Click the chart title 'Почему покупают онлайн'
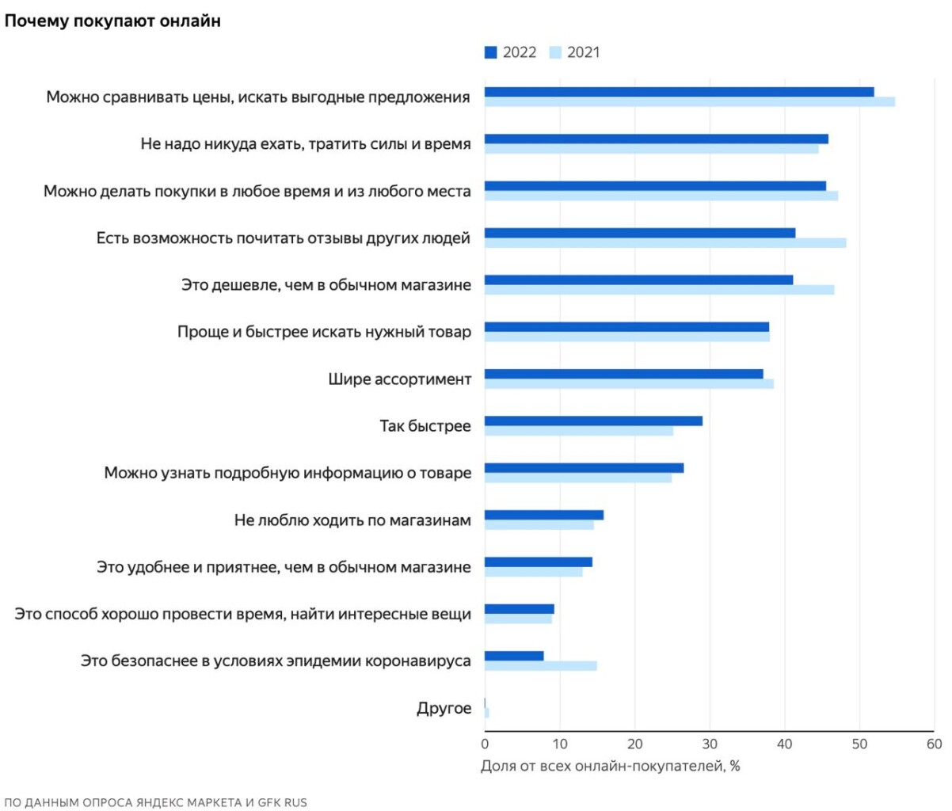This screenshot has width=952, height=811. pyautogui.click(x=112, y=21)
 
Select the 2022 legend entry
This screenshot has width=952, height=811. pyautogui.click(x=511, y=52)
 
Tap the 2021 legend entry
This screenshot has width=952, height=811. pyautogui.click(x=576, y=52)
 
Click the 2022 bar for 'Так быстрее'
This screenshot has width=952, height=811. pyautogui.click(x=593, y=421)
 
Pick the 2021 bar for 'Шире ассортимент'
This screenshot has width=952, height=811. pyautogui.click(x=629, y=384)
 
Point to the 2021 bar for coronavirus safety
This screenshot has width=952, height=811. pyautogui.click(x=540, y=666)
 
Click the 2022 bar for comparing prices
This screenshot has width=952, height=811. pyautogui.click(x=679, y=92)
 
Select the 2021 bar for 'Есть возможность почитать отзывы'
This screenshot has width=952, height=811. pyautogui.click(x=665, y=243)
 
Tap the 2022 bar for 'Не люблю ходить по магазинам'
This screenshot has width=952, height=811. pyautogui.click(x=543, y=515)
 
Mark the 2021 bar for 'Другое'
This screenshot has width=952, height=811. pyautogui.click(x=487, y=713)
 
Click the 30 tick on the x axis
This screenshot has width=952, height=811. pyautogui.click(x=710, y=744)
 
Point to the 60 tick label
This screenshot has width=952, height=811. pyautogui.click(x=935, y=744)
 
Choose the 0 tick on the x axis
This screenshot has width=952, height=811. pyautogui.click(x=485, y=744)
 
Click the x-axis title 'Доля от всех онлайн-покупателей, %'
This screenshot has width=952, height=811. pyautogui.click(x=610, y=767)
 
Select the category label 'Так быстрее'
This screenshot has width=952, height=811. pyautogui.click(x=425, y=426)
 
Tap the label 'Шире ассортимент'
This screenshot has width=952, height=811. pyautogui.click(x=399, y=379)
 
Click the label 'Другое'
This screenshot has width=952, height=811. pyautogui.click(x=444, y=708)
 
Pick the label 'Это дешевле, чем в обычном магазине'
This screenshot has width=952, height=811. pyautogui.click(x=326, y=285)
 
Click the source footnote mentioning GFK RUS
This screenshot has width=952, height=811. pyautogui.click(x=155, y=802)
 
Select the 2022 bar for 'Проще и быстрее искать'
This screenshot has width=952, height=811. pyautogui.click(x=626, y=327)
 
